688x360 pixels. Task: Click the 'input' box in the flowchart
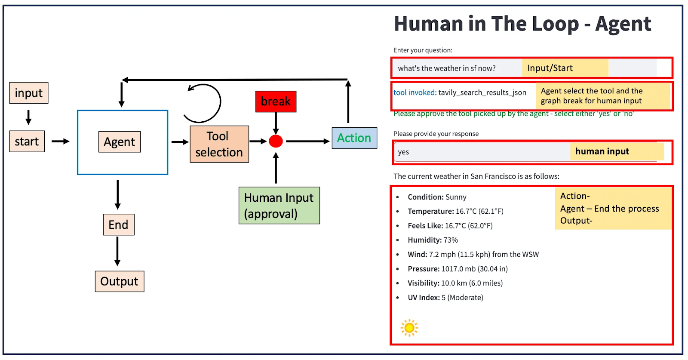coord(29,93)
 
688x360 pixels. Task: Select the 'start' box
coord(27,142)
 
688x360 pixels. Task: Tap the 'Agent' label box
coord(120,142)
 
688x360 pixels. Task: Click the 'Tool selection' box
coord(219,144)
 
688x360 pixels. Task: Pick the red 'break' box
coord(276,102)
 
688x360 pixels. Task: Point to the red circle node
coord(276,141)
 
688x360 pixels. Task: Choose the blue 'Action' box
coord(354,138)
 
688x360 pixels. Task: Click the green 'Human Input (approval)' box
coord(279,206)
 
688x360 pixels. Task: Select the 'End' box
coord(119,225)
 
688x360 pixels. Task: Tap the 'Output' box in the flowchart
coord(120,282)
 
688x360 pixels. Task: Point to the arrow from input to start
coord(28,117)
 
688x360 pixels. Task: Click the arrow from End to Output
coord(117,252)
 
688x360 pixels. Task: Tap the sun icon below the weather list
coord(409,328)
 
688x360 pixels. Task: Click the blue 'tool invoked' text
coord(414,92)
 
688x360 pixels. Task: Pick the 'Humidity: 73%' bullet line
coord(433,240)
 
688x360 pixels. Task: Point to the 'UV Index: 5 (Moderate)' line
coord(445,298)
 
